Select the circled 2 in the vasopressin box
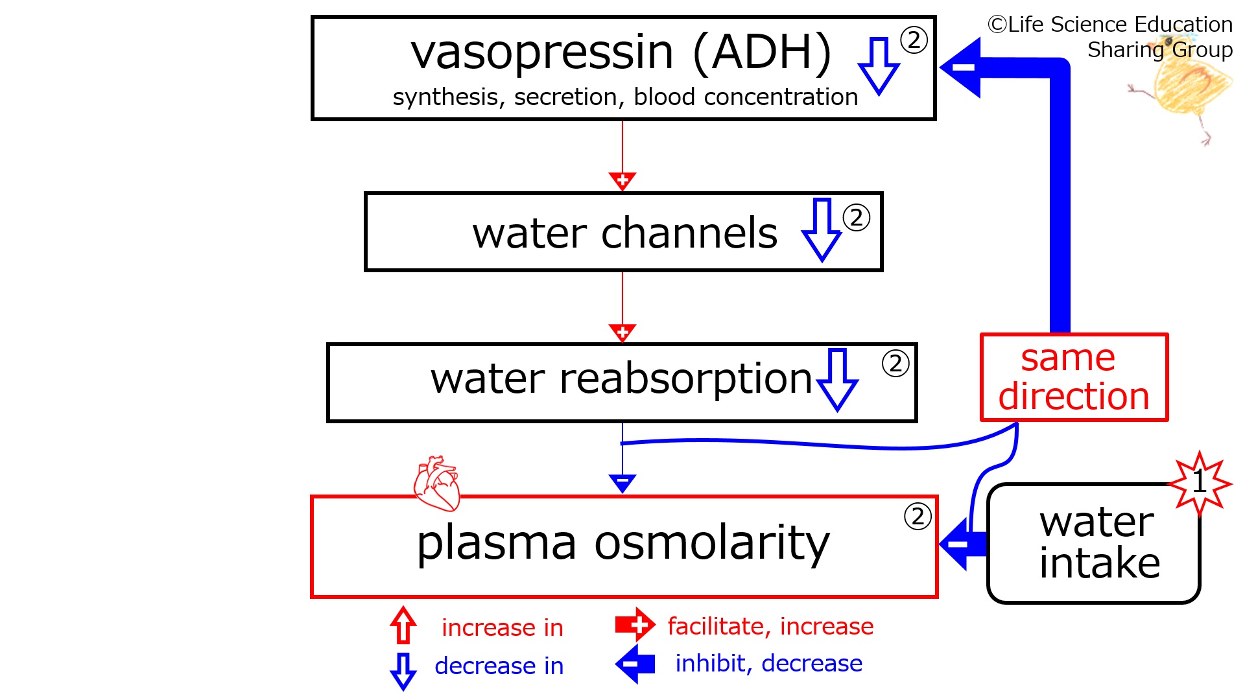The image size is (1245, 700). [x=914, y=40]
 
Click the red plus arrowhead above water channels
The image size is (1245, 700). [x=622, y=181]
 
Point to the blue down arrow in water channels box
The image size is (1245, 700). [x=822, y=229]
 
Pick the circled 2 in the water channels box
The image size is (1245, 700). [x=857, y=218]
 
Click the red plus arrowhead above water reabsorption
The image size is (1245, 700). [x=622, y=332]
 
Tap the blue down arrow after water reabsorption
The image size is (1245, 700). [x=837, y=380]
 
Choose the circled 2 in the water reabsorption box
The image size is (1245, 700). [x=895, y=364]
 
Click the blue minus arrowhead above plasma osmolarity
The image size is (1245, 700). [x=622, y=484]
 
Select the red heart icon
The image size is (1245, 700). [x=436, y=483]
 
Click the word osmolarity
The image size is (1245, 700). [x=711, y=543]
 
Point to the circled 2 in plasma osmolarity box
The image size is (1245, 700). [x=918, y=517]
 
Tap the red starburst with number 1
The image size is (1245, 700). [x=1200, y=484]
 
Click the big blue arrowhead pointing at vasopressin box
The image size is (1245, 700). [x=961, y=67]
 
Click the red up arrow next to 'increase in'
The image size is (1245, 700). [x=403, y=625]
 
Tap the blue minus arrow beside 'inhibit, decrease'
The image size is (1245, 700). [x=635, y=664]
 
